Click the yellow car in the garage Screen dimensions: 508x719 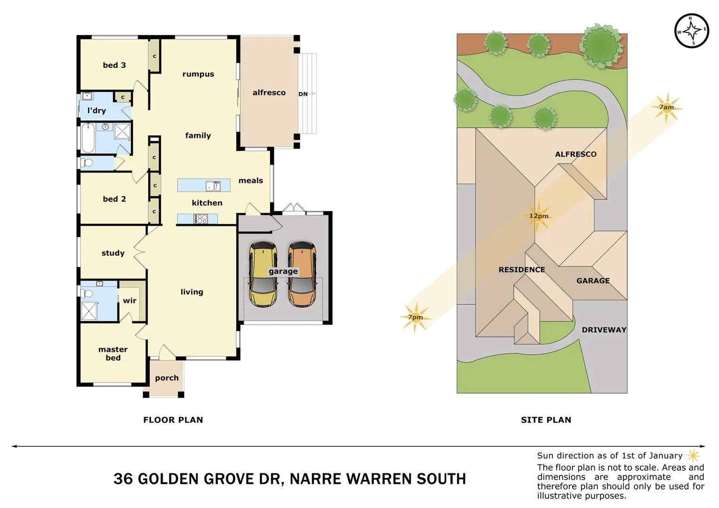tap(263, 275)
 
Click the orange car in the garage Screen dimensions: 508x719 tap(302, 275)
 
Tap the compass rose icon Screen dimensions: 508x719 tap(691, 31)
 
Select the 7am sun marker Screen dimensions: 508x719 tap(666, 108)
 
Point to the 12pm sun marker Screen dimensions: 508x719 tap(538, 216)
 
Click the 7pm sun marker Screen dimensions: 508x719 tap(415, 317)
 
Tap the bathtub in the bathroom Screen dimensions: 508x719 tap(88, 138)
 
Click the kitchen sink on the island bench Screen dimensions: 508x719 tap(213, 186)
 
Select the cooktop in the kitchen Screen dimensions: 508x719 tap(200, 219)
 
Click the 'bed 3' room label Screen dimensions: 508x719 tap(114, 65)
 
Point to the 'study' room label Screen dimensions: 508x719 tap(113, 253)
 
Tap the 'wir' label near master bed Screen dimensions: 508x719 tap(129, 301)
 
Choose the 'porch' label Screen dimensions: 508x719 tap(167, 378)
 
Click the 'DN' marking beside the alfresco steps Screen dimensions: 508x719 tap(303, 94)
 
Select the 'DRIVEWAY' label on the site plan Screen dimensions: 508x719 tap(604, 330)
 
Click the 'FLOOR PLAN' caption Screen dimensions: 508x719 tap(173, 420)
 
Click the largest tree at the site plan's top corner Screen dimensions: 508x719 tap(600, 45)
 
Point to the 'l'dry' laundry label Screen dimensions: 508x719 tap(96, 111)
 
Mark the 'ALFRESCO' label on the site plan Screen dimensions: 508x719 tap(575, 154)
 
